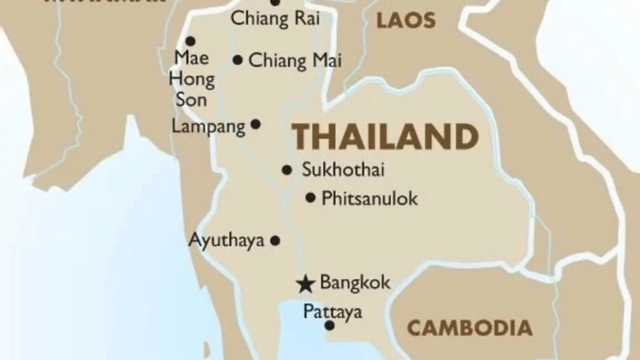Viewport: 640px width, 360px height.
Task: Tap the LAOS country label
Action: (x=405, y=20)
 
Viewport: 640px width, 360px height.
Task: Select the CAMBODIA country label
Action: (x=469, y=328)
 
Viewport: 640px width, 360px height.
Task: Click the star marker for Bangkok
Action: (x=305, y=284)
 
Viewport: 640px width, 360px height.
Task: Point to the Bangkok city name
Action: (x=355, y=282)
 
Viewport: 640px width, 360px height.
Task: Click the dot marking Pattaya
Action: (x=329, y=325)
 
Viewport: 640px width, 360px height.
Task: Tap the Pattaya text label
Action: (x=332, y=312)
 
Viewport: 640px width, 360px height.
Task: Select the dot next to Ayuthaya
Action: (x=275, y=240)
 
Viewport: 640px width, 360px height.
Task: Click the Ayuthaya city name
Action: (x=226, y=240)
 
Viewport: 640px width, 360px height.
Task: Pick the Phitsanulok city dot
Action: (x=310, y=198)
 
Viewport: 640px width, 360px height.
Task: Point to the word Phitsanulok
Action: (x=369, y=198)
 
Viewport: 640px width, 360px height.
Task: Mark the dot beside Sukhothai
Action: (x=286, y=170)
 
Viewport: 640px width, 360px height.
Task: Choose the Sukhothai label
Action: (x=343, y=170)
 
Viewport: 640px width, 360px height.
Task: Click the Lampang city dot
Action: (x=255, y=124)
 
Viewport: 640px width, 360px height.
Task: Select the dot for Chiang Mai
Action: (x=238, y=60)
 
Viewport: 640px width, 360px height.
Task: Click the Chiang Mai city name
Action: (x=295, y=61)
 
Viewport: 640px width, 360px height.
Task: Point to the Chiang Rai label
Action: (x=275, y=19)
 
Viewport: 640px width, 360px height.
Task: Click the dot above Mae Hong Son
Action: (x=190, y=41)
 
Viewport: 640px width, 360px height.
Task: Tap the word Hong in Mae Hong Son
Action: (x=192, y=79)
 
